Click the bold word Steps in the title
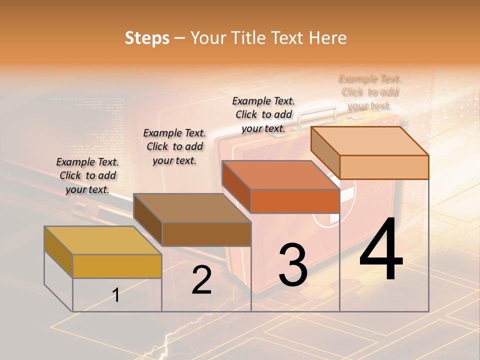147,38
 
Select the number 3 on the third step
293,265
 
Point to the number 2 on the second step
201,280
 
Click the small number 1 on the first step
116,295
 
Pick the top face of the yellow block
102,240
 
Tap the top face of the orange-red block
280,175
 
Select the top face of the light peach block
370,141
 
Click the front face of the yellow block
117,266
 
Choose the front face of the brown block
206,234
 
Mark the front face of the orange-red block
294,201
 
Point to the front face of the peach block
384,167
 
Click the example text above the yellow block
87,175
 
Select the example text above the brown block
174,146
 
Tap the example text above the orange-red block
263,114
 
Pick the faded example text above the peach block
369,92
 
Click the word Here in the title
328,38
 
